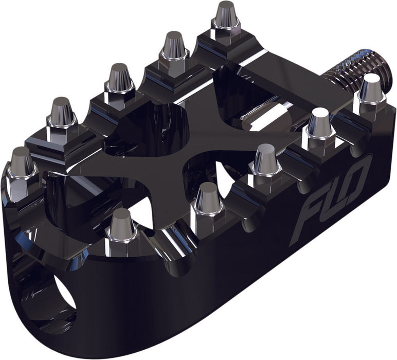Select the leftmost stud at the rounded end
(22, 166)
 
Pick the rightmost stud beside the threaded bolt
(371, 90)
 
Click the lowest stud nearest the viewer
(121, 226)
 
